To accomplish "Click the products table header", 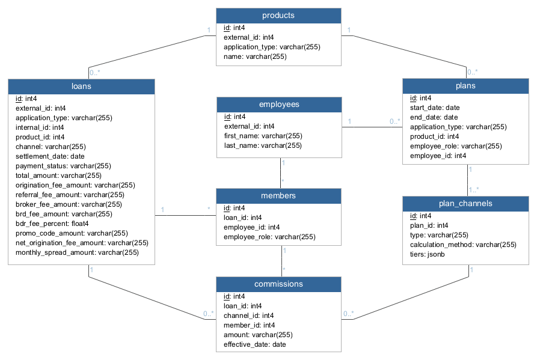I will click(x=278, y=15).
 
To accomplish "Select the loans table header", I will click(x=81, y=87).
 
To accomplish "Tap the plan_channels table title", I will click(x=465, y=204).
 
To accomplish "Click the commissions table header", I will click(x=278, y=284).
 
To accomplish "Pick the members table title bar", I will click(x=278, y=196).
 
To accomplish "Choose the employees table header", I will click(x=278, y=105).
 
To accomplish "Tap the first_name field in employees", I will click(x=263, y=136).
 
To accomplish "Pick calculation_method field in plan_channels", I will click(x=462, y=245).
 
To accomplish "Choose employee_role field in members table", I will click(x=269, y=237).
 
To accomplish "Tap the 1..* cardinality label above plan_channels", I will click(x=474, y=190).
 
